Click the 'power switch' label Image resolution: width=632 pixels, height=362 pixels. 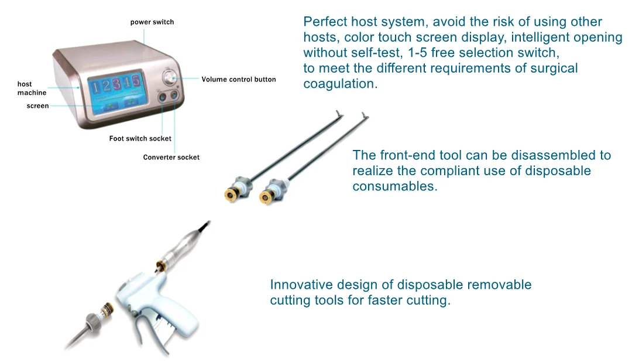coord(152,22)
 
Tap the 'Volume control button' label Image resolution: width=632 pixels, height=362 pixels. coord(239,80)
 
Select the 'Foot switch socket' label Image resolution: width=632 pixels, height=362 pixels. coord(140,139)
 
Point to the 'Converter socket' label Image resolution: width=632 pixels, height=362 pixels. coord(171,158)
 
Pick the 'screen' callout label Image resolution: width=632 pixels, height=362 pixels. coord(38,106)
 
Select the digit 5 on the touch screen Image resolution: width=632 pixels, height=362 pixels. coord(136,81)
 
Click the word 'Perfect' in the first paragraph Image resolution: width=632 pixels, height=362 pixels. coord(323,22)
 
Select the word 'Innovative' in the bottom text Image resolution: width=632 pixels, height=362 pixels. coord(303,285)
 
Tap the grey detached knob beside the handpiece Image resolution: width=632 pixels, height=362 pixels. coord(92,321)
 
